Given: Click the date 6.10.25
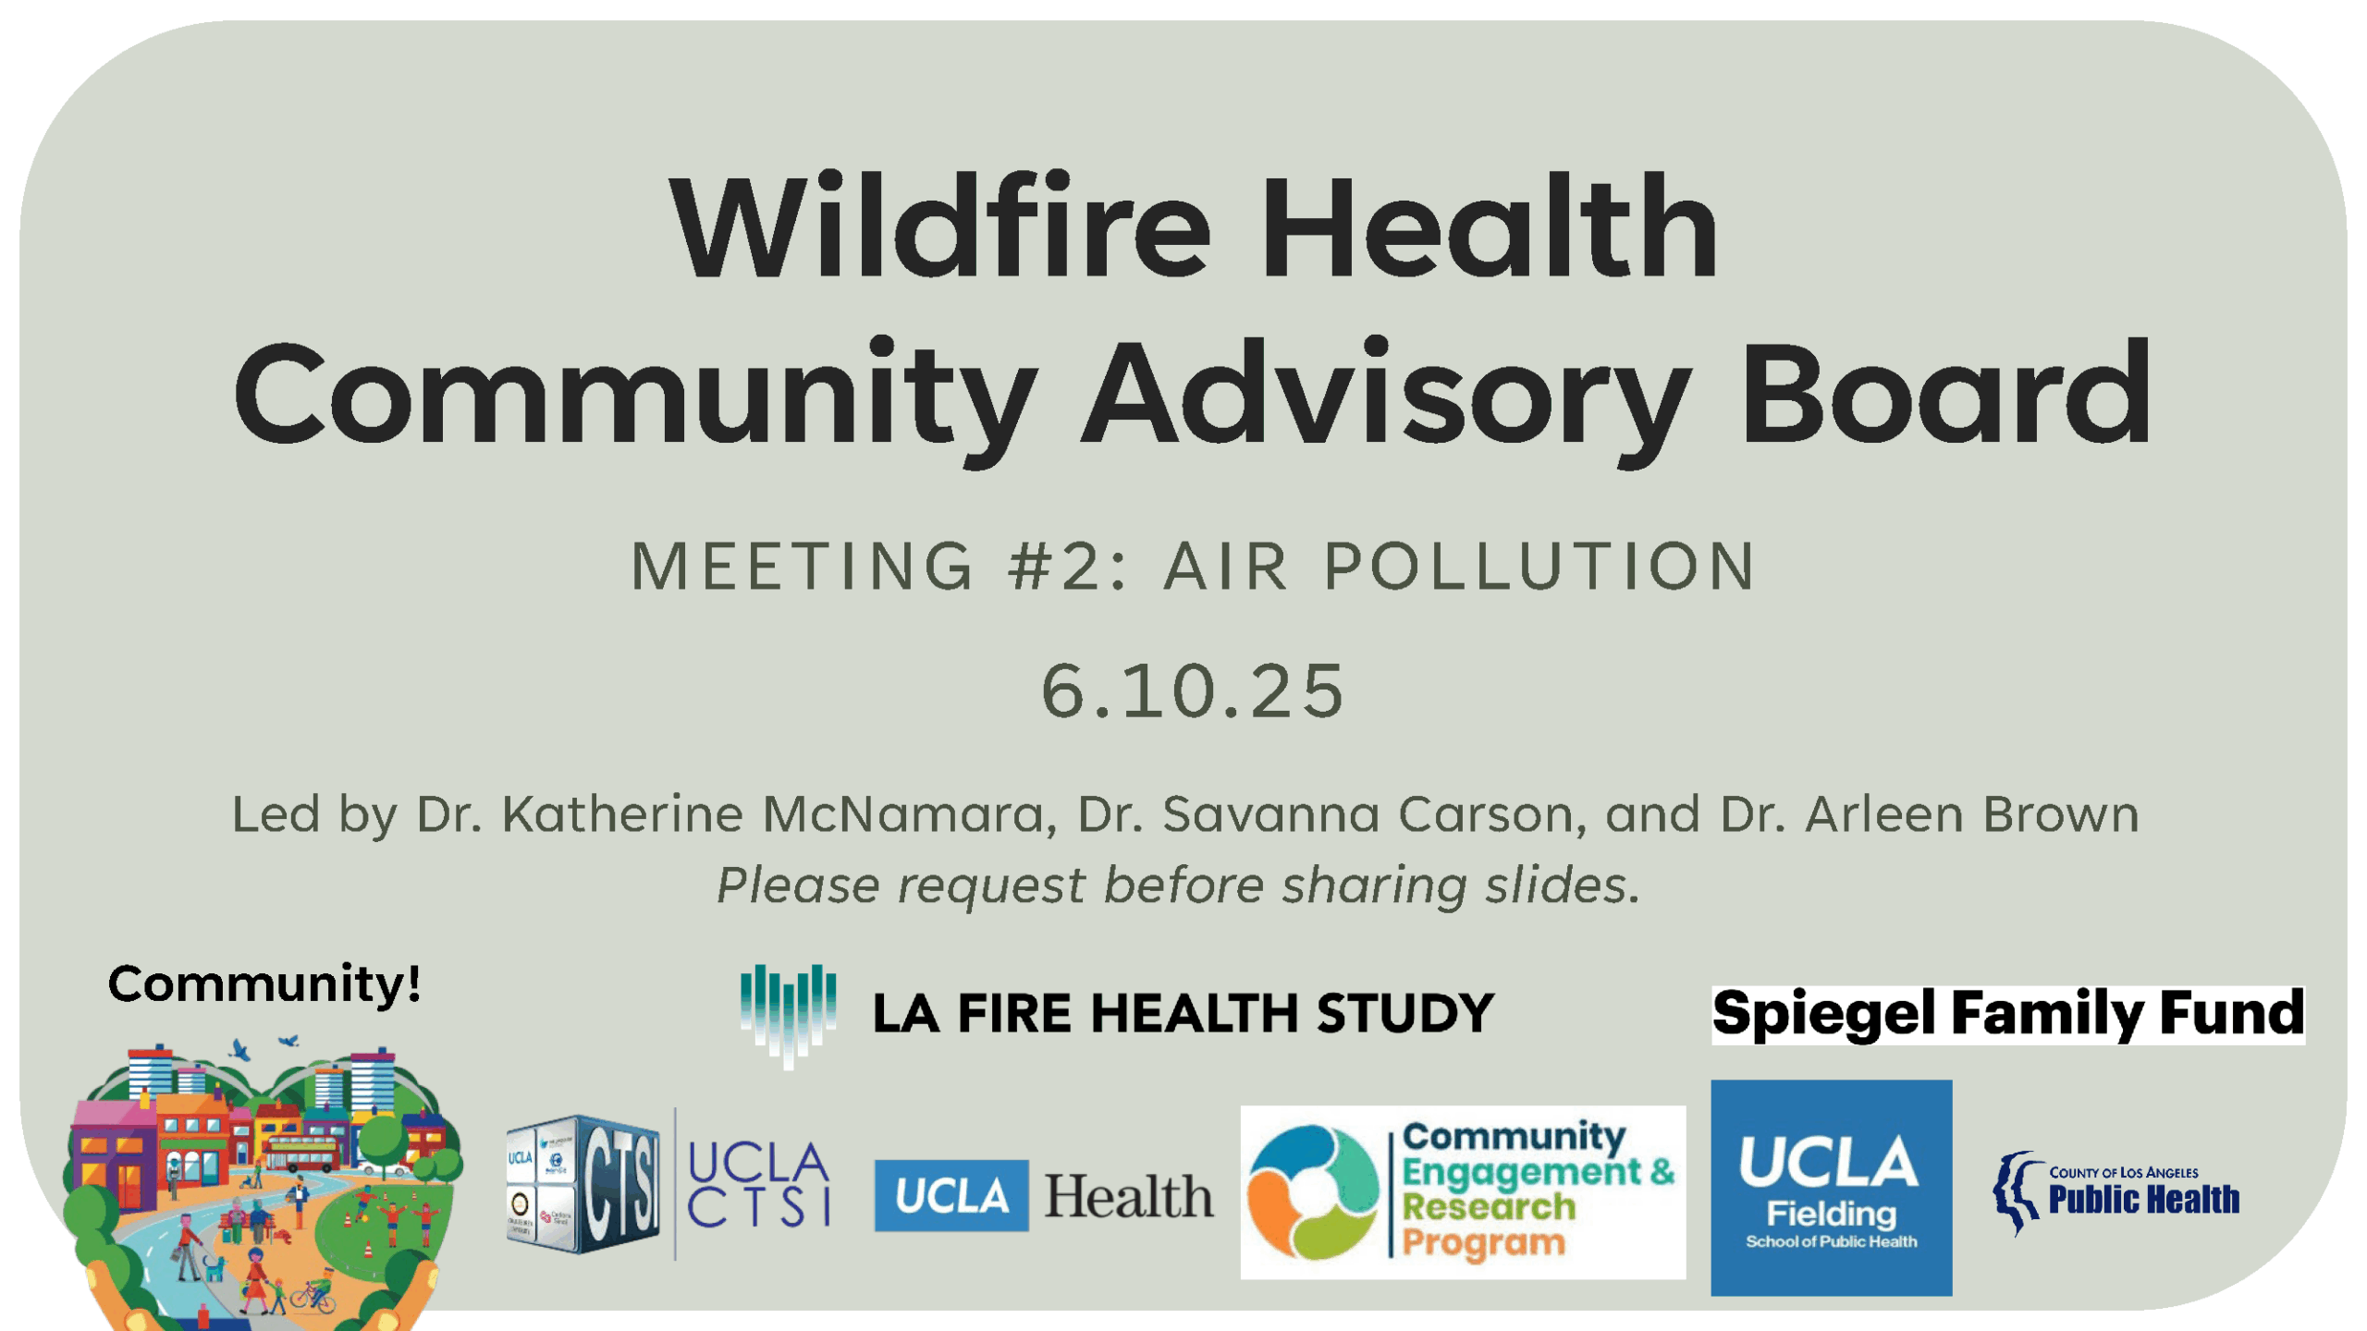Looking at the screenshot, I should coord(1193,691).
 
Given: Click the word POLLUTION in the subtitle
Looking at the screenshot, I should coord(1539,566).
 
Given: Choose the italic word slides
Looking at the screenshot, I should coord(1562,885).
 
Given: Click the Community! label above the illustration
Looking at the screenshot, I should coord(264,983).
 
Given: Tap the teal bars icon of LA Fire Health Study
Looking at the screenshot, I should coord(788,1013).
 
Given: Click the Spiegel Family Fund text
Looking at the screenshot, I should coord(2007,1014).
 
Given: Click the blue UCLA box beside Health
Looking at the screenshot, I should coord(950,1196).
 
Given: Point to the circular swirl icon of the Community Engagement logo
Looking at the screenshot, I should coord(1313,1192).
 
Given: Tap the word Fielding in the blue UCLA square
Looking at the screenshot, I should coord(1831,1214).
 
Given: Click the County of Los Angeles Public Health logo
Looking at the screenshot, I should coord(2116,1192).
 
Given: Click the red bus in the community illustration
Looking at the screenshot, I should coord(301,1154).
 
